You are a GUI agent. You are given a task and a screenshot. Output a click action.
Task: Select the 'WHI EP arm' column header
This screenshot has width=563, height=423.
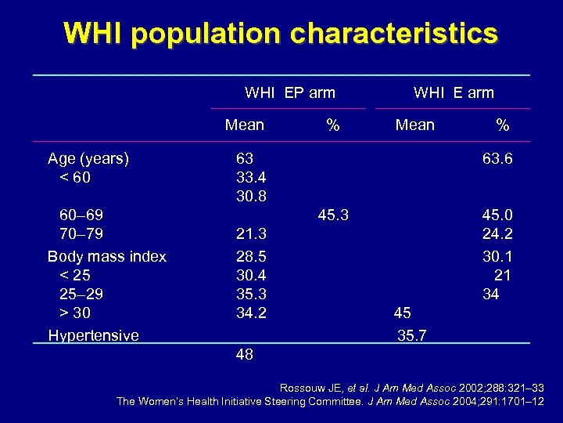(289, 92)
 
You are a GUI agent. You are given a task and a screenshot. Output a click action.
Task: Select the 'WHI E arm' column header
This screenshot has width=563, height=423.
(454, 92)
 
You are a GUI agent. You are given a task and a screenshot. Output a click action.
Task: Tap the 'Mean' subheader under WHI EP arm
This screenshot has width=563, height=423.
(244, 125)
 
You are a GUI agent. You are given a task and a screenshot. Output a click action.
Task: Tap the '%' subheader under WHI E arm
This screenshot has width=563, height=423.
(503, 125)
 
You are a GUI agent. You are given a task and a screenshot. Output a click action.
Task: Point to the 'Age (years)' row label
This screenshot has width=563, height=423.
(88, 159)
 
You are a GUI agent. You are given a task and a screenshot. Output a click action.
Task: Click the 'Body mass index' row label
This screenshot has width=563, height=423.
(107, 256)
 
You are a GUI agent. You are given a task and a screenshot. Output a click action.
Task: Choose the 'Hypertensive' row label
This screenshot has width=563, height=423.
(93, 335)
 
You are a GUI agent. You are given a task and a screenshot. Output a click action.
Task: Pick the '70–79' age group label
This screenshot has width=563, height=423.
(81, 233)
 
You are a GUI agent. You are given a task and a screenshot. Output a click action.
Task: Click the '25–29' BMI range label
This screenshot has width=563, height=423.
(81, 295)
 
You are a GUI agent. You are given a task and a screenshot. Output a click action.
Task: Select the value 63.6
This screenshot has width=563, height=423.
(497, 159)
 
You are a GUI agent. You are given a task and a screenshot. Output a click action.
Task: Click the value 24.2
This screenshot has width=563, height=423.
(497, 233)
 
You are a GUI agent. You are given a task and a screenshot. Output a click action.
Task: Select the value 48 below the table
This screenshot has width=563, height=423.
(244, 355)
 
